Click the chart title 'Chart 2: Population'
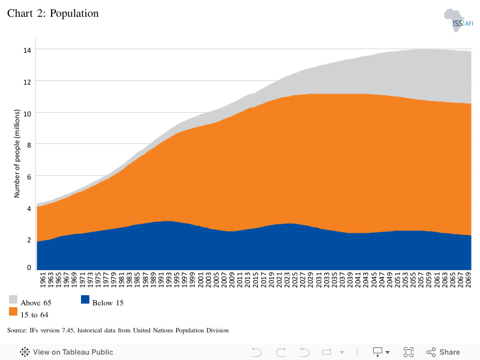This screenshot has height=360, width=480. [x=53, y=13]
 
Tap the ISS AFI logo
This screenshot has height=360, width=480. [x=458, y=20]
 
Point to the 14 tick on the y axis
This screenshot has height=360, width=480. [x=27, y=50]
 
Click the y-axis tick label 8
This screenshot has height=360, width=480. [x=29, y=145]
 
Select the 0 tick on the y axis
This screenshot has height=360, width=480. [x=29, y=268]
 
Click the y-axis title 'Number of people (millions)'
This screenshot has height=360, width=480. [x=17, y=154]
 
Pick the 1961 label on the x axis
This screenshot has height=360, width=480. [x=43, y=280]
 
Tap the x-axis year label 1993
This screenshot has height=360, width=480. [x=169, y=280]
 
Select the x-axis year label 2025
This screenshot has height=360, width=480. [x=295, y=280]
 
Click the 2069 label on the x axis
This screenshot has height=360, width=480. [x=469, y=280]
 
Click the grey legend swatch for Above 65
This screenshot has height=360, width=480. [x=13, y=299]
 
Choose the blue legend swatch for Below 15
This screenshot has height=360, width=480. [x=85, y=299]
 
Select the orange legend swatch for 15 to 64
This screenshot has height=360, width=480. [x=13, y=311]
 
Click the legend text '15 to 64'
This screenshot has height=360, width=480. [x=34, y=315]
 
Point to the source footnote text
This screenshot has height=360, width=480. [x=118, y=331]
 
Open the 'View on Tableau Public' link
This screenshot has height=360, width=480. [x=73, y=352]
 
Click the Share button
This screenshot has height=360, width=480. [x=443, y=352]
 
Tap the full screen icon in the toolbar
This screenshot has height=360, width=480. [x=409, y=352]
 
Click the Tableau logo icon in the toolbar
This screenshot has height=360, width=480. [x=25, y=352]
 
